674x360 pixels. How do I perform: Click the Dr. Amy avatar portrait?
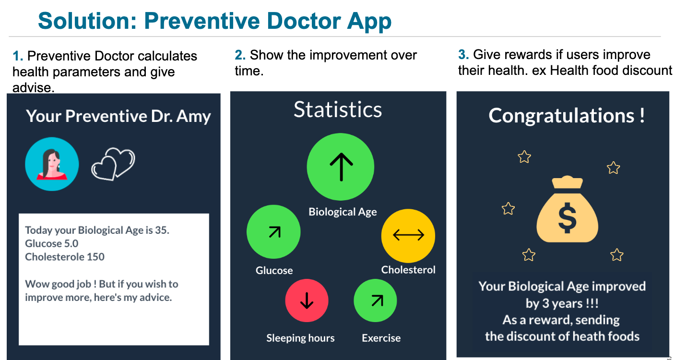(x=52, y=164)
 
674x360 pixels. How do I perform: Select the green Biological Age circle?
(x=341, y=167)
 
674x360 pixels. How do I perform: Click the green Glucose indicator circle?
(x=273, y=232)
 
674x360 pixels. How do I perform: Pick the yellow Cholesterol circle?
(x=408, y=236)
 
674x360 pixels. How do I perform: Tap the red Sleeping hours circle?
(x=307, y=300)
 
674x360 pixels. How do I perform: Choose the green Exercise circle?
(x=375, y=300)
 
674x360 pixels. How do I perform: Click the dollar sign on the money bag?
(x=568, y=218)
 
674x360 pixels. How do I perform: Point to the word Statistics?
(x=338, y=109)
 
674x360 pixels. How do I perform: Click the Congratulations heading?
(x=567, y=116)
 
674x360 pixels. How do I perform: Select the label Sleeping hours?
(x=300, y=338)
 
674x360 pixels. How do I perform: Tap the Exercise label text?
(x=381, y=338)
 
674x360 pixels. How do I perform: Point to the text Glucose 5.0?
(x=51, y=243)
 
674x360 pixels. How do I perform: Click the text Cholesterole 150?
(x=65, y=257)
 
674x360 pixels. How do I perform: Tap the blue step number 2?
(x=239, y=55)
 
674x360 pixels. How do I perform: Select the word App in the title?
(x=369, y=22)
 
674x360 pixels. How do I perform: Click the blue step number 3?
(x=462, y=55)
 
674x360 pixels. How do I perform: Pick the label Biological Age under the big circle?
(x=343, y=212)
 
